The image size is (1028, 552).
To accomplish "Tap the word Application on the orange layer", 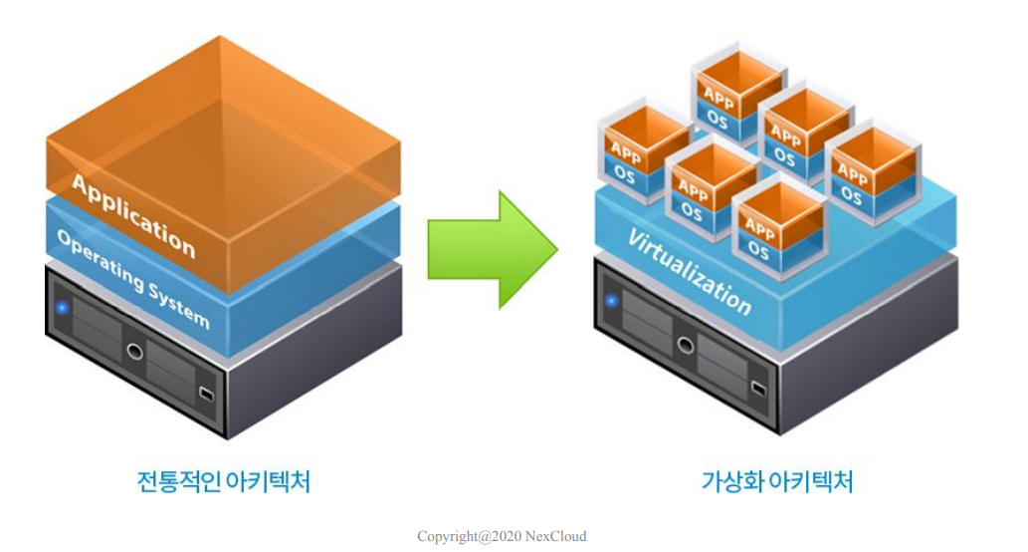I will pos(133,214).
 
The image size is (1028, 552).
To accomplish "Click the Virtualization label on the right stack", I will pos(689,270).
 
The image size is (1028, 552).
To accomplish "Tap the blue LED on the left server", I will pos(62,307).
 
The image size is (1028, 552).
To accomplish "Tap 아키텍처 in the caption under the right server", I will pos(810,481).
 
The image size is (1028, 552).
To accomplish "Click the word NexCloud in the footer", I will pos(557,536).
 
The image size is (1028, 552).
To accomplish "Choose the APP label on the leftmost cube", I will pos(626,153).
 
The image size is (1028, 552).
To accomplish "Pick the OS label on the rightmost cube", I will pos(852,194).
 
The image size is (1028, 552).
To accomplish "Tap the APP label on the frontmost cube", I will pos(759,225).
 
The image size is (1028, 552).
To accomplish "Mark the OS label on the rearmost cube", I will pos(718,119).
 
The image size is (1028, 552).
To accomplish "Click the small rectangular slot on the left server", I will pos(206,393).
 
